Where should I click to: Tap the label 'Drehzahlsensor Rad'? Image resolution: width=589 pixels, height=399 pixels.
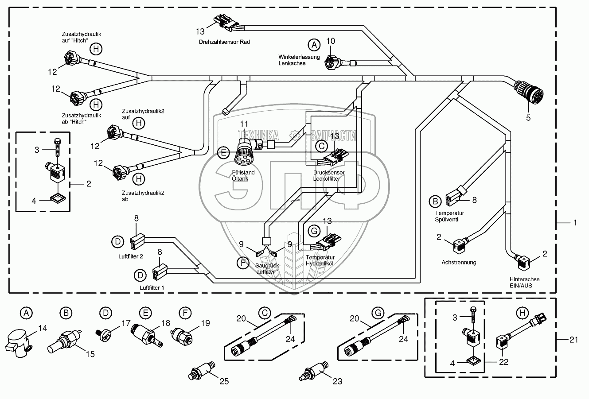pyautogui.click(x=224, y=42)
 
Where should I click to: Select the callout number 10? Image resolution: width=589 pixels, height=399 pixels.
pyautogui.click(x=331, y=41)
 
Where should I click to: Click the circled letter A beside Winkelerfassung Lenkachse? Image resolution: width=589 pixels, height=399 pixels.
pyautogui.click(x=314, y=45)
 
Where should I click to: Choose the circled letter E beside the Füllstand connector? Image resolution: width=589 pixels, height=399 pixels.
pyautogui.click(x=224, y=153)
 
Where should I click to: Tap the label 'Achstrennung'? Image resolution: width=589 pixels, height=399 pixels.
pyautogui.click(x=459, y=262)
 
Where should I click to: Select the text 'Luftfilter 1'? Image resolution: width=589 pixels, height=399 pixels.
pyautogui.click(x=152, y=287)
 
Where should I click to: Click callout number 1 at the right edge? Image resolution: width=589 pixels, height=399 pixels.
pyautogui.click(x=575, y=223)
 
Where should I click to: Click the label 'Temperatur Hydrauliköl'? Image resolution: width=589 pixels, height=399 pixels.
pyautogui.click(x=320, y=260)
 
